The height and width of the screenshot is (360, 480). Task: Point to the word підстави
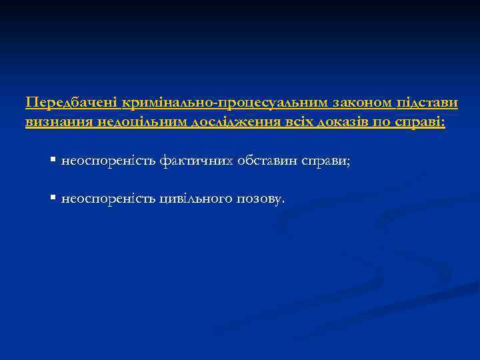(x=426, y=103)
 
